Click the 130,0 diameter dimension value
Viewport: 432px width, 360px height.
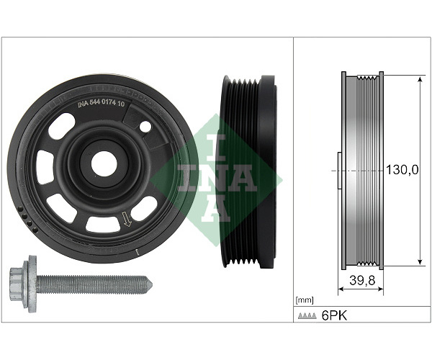point(402,170)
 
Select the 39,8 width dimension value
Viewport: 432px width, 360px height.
point(362,280)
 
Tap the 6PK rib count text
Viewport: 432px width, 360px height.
point(335,315)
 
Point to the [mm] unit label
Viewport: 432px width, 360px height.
point(304,300)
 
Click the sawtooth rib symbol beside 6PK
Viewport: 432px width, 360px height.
point(307,316)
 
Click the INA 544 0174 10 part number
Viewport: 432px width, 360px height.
point(101,104)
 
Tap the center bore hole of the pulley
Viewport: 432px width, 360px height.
point(104,164)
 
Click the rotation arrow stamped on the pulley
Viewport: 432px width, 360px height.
point(127,220)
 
